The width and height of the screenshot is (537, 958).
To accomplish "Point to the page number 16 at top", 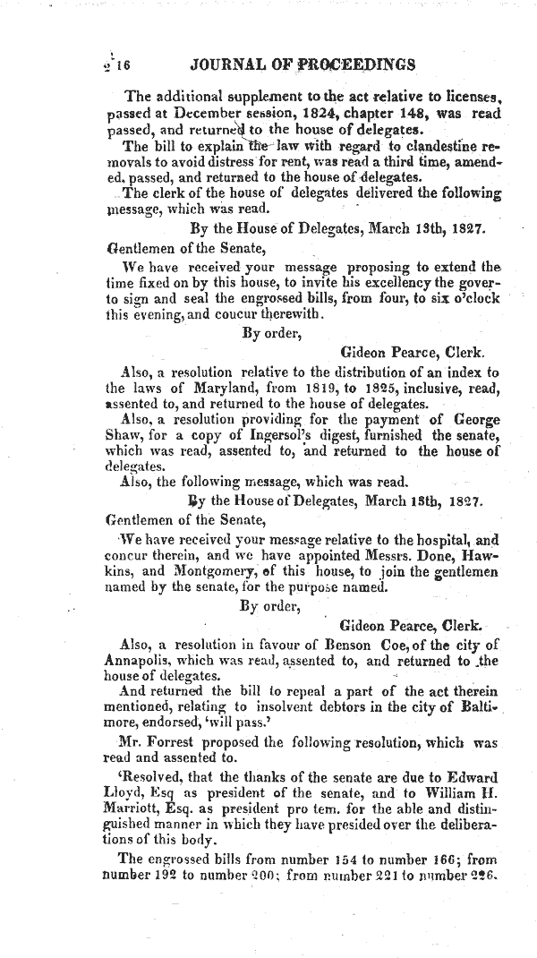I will (x=122, y=64).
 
